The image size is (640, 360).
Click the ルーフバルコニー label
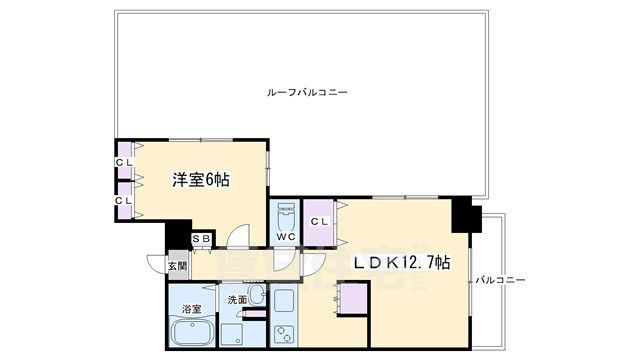307,92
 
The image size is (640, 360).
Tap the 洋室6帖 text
201,180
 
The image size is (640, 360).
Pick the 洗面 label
236,298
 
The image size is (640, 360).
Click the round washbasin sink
255,297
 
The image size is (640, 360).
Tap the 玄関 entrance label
177,266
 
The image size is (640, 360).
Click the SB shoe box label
201,238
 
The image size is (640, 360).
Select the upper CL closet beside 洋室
123,162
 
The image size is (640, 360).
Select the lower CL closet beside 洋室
123,200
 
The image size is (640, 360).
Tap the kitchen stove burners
283,334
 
